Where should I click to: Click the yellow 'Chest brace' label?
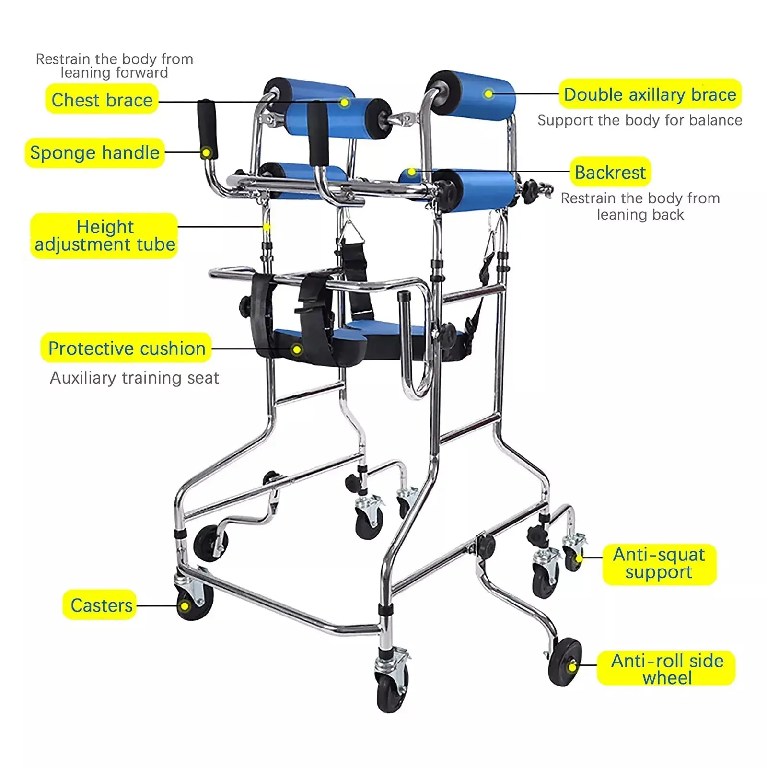[x=102, y=99]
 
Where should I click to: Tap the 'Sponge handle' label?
[x=95, y=152]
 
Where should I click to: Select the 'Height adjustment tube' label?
[x=105, y=236]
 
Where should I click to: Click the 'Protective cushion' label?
[x=127, y=348]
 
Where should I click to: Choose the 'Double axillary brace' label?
[x=650, y=94]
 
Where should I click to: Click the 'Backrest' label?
[x=610, y=172]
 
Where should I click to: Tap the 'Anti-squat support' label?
[x=659, y=564]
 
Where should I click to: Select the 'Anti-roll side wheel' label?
[x=666, y=668]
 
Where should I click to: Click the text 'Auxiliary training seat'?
[x=134, y=378]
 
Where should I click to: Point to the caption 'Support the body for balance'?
[x=639, y=120]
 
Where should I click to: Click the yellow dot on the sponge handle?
[x=206, y=153]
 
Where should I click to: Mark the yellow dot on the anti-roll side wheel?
[x=572, y=667]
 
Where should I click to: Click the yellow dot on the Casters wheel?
[x=185, y=606]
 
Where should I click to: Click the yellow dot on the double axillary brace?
[x=488, y=94]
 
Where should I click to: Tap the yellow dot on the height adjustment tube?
[x=267, y=227]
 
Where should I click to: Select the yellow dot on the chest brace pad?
[x=344, y=102]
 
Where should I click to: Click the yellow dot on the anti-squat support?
[x=579, y=558]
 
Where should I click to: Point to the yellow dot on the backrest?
[x=411, y=172]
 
